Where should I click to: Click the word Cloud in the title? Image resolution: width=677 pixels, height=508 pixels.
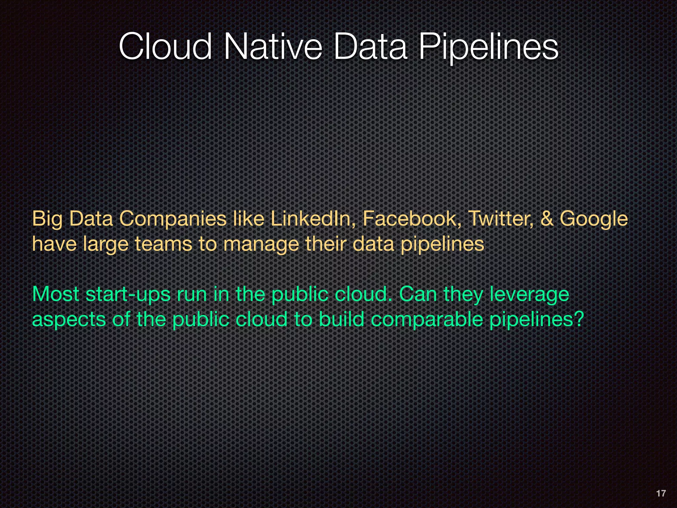tap(165, 47)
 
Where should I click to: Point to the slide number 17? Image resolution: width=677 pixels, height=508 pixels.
tap(660, 493)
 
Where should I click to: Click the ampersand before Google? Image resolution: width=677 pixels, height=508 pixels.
tap(547, 219)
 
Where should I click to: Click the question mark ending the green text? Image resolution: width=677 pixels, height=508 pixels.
tap(578, 319)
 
